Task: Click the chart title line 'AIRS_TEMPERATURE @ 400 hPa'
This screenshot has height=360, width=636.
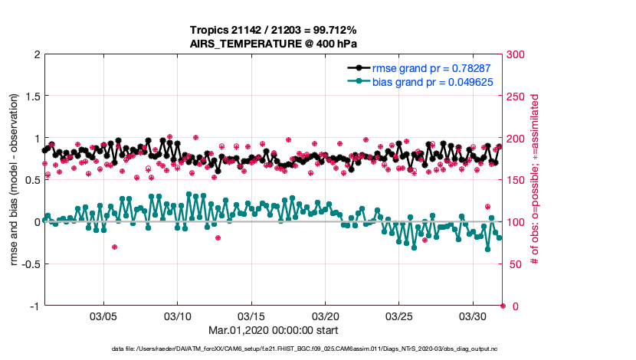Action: [x=274, y=44]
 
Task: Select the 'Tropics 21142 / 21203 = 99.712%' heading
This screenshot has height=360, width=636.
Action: [x=274, y=30]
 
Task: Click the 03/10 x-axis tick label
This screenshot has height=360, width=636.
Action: [x=178, y=316]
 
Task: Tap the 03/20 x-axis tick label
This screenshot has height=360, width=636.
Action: [x=326, y=316]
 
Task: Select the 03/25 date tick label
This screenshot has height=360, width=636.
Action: [x=399, y=316]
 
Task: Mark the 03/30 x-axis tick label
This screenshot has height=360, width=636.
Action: [x=474, y=316]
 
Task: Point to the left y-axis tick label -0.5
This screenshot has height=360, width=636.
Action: [x=28, y=264]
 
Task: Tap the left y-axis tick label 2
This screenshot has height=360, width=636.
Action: [x=36, y=55]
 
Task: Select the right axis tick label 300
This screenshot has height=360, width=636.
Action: [x=516, y=55]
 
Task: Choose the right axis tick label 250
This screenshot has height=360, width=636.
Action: [x=516, y=97]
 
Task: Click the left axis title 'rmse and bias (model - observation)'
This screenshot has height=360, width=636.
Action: [x=15, y=180]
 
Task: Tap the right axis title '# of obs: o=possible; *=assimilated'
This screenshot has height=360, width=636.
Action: [x=536, y=180]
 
